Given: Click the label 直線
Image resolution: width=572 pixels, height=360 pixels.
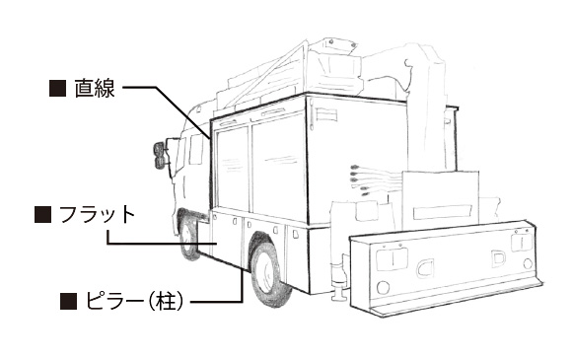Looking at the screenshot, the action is click(x=95, y=88).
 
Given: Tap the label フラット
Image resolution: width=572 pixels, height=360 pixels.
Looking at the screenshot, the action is click(x=97, y=215).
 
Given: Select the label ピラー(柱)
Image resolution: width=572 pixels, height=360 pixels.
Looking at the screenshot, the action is click(x=134, y=301).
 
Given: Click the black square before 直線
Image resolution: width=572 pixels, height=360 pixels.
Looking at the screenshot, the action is click(x=57, y=88).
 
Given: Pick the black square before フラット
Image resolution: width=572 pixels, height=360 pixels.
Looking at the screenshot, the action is click(x=42, y=214).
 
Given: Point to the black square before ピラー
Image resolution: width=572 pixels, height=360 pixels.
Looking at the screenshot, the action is click(x=69, y=301).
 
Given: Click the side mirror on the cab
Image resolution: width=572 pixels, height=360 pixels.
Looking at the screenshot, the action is click(x=159, y=156).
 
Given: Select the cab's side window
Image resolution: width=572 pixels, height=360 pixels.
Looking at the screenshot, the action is click(x=196, y=149).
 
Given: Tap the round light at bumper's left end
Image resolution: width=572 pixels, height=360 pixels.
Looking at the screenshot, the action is click(x=383, y=288).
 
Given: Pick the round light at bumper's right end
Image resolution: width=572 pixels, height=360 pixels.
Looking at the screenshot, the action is click(x=528, y=263).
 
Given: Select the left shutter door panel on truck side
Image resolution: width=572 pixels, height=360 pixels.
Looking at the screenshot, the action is click(x=232, y=169).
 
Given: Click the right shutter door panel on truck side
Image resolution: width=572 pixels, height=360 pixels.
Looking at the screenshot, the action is click(x=278, y=169).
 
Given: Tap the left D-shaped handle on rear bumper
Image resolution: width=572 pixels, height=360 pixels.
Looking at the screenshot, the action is click(x=425, y=269).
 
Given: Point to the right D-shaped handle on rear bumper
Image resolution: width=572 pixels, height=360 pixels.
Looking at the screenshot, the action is click(x=498, y=258).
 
